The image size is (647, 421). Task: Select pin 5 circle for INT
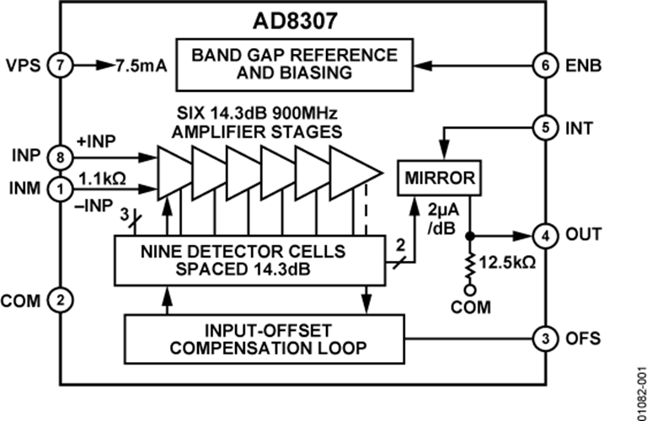coord(544,129)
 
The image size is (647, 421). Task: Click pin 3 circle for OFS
coord(544,338)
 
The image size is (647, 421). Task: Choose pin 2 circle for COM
coord(61,298)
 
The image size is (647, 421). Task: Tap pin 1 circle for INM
coord(61,189)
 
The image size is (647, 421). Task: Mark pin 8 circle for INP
coord(61,156)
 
